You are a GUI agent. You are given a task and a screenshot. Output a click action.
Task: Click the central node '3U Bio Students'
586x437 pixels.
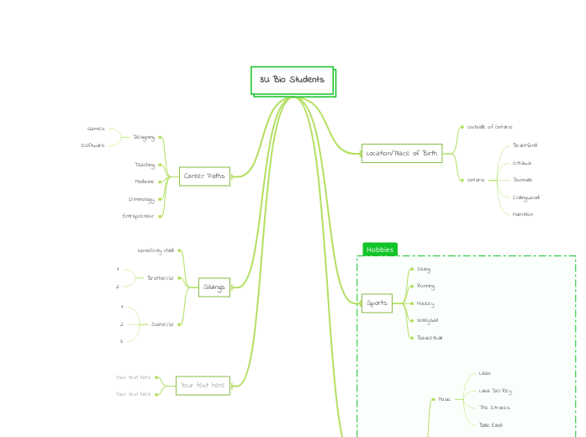292,80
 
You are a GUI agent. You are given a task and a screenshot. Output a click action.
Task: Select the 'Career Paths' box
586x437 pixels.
204,176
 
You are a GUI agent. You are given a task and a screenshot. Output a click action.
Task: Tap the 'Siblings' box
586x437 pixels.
214,287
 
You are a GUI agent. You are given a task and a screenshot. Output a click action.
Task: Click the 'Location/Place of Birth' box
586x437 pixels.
402,153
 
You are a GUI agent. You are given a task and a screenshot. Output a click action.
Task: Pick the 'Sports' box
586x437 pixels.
377,303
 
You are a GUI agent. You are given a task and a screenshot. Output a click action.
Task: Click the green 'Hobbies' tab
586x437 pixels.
379,250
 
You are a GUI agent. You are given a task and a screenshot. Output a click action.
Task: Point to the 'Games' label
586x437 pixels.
96,129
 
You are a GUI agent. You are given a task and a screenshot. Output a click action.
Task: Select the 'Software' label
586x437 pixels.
93,145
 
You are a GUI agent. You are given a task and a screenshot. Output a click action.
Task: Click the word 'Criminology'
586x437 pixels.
141,199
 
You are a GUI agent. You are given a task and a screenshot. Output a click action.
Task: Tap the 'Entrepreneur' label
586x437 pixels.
138,216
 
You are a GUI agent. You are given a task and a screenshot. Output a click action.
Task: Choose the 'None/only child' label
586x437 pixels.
156,250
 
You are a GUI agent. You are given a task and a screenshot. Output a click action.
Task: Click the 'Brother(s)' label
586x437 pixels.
160,277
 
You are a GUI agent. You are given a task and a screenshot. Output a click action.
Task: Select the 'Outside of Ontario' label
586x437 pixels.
489,127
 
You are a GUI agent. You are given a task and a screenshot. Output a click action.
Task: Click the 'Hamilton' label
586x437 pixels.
523,214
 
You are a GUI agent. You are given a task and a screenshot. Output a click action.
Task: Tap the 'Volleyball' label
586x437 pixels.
427,320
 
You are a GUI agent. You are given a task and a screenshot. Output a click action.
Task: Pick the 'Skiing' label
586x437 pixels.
424,269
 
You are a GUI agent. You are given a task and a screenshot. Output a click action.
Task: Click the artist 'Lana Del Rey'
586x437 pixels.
494,391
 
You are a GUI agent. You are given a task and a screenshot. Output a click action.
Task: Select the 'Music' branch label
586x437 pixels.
445,399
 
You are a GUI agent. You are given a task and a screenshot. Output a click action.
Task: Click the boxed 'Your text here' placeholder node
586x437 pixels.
203,386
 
